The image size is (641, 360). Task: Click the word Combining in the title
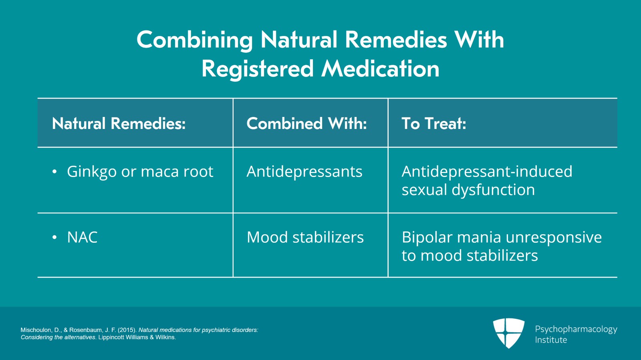click(195, 40)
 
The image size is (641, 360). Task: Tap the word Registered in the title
click(258, 69)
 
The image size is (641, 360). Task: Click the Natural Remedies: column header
click(119, 123)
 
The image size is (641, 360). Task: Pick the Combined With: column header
click(306, 123)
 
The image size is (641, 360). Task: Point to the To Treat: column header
click(434, 123)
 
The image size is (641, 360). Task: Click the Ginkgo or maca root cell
click(140, 172)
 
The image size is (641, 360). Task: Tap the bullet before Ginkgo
click(54, 171)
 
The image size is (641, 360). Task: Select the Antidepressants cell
click(304, 171)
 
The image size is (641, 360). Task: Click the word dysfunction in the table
click(493, 189)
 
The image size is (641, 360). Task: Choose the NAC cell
click(82, 237)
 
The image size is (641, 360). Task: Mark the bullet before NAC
click(54, 237)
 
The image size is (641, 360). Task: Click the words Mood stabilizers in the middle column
click(305, 237)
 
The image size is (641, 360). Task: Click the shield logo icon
click(508, 333)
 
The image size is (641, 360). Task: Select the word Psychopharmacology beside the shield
click(576, 330)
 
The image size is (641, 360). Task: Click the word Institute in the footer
click(551, 340)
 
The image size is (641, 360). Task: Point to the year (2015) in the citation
click(127, 330)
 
